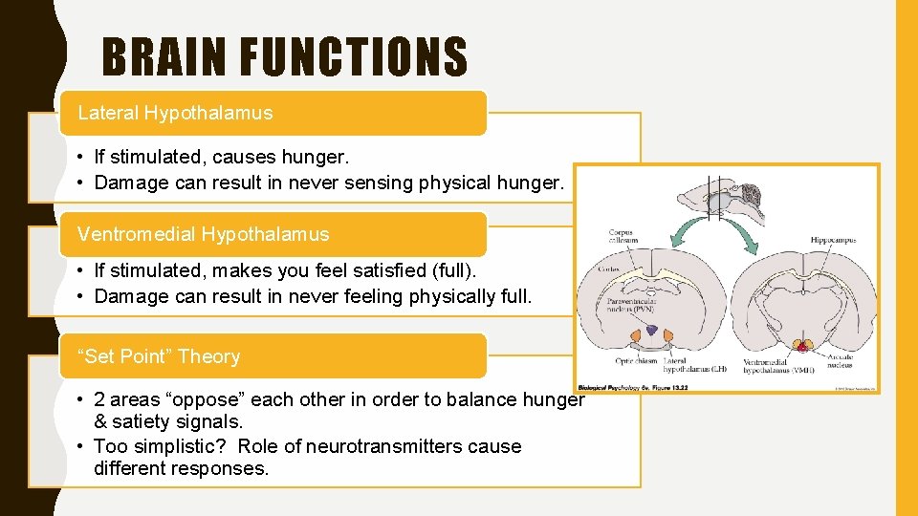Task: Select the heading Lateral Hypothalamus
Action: [175, 113]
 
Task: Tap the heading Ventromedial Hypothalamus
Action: [203, 234]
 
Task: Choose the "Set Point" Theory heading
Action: [159, 356]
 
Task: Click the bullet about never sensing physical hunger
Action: [330, 183]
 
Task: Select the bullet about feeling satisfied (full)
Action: [285, 271]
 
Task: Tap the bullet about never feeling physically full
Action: [313, 296]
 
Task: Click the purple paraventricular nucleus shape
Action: [651, 330]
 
